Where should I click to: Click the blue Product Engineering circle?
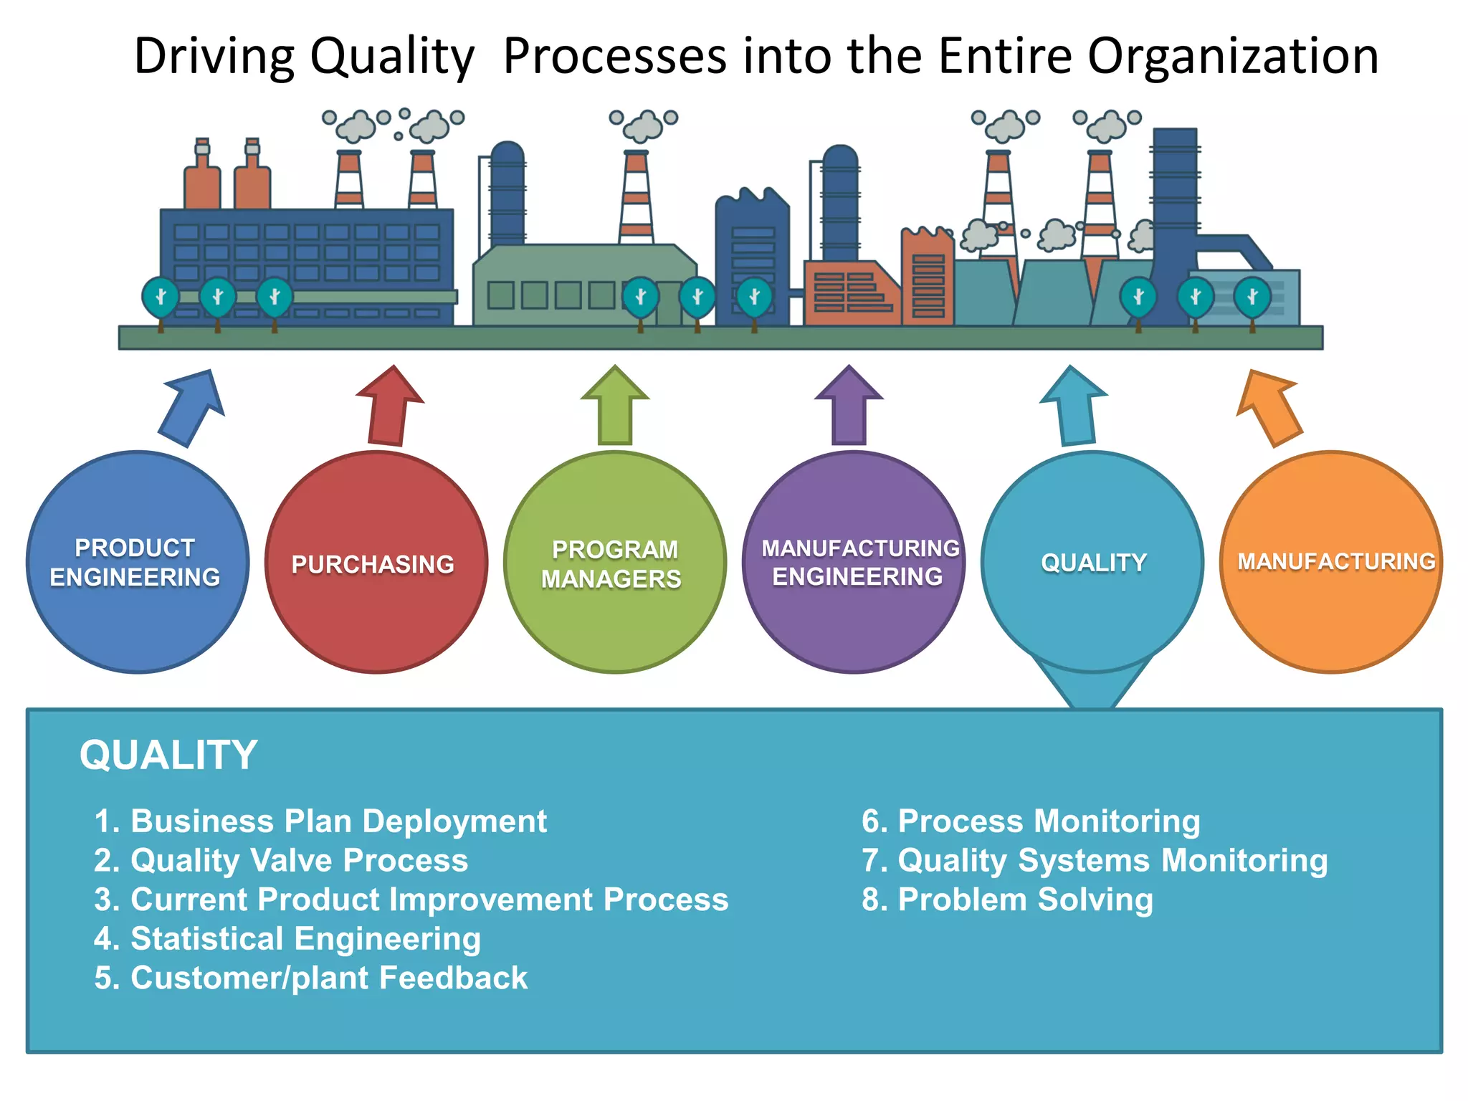coord(138,562)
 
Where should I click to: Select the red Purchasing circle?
coord(376,562)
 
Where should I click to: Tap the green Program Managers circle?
coord(615,562)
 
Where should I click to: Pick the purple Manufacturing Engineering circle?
coord(854,562)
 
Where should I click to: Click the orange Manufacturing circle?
coord(1331,562)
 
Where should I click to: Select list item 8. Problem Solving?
coord(1007,900)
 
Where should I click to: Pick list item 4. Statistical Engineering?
coord(287,939)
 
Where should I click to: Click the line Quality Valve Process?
coord(281,860)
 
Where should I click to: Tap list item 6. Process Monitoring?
coord(1030,821)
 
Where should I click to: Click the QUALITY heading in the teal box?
coord(168,755)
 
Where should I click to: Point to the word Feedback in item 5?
coord(453,978)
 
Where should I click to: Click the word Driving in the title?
coord(214,56)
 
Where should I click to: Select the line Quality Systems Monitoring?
coord(1094,860)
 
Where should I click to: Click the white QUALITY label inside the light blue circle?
coord(1093,563)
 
